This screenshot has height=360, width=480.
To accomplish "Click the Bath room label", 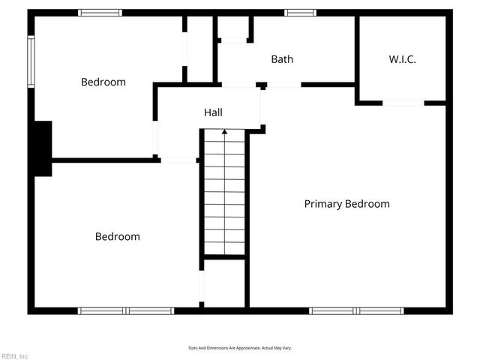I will [x=282, y=59].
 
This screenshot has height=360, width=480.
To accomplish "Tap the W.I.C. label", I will [x=402, y=59].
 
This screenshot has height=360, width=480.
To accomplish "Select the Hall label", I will [x=213, y=112].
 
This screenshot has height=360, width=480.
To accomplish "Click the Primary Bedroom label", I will [x=346, y=203].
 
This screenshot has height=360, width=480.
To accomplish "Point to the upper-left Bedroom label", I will [x=103, y=82].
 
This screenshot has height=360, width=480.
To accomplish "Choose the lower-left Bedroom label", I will [x=117, y=236].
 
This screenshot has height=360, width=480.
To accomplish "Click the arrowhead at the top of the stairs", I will [x=224, y=132].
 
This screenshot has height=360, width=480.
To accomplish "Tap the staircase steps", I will [x=224, y=195].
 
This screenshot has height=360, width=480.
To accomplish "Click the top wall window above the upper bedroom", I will [x=100, y=13].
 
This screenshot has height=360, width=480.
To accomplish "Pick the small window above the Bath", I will [x=300, y=13].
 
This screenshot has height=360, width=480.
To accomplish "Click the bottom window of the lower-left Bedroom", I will [x=125, y=310].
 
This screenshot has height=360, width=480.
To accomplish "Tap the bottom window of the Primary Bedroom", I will [x=356, y=310].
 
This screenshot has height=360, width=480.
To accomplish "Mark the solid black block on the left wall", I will [x=42, y=148].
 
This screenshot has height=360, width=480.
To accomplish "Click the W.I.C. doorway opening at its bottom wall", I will [x=403, y=103].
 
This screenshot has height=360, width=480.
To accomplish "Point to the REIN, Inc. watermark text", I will [x=14, y=355].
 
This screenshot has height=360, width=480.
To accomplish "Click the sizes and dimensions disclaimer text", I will [x=240, y=348].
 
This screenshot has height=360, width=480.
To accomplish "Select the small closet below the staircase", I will [x=224, y=283].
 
